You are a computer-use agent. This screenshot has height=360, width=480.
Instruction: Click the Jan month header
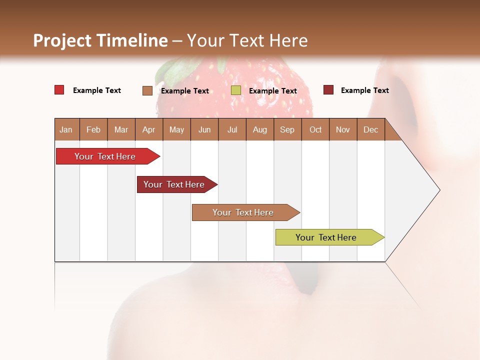click(66, 129)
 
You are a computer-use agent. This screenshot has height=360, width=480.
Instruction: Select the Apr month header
click(148, 129)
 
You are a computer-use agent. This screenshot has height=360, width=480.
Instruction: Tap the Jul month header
click(232, 129)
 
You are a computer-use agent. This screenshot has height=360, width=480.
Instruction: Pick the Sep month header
click(287, 129)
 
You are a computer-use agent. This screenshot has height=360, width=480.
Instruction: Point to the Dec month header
click(370, 129)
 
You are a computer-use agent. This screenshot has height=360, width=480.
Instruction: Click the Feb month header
click(93, 129)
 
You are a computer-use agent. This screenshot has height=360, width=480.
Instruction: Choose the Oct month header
click(315, 129)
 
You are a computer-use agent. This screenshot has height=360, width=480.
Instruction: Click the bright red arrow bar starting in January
click(105, 156)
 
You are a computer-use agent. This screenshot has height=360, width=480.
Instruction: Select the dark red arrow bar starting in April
click(174, 184)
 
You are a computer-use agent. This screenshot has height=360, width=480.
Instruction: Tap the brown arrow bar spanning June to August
click(243, 212)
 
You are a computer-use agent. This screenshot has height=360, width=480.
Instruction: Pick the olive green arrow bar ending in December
click(326, 237)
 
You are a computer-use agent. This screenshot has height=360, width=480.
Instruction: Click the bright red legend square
click(59, 90)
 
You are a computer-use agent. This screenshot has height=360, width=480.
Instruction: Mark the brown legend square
click(147, 90)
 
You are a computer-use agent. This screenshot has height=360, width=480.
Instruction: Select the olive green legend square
click(236, 90)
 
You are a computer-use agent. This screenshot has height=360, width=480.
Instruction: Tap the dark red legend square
click(328, 90)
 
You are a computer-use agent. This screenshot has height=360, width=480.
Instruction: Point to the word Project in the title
click(62, 40)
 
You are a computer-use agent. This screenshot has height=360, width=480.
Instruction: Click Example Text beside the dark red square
click(364, 90)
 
